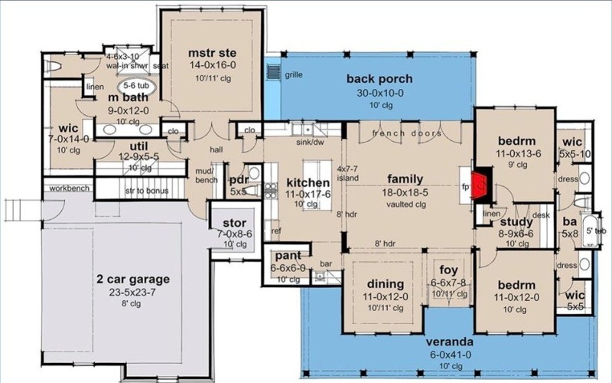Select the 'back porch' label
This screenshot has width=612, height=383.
[x=379, y=79]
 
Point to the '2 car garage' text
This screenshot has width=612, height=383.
[x=133, y=279]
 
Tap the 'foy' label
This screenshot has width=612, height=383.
[x=448, y=270]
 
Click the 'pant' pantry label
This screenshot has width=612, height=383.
[x=287, y=256]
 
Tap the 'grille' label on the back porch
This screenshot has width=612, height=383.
[x=293, y=75]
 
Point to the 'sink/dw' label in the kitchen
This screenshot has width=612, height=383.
[x=308, y=142]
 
